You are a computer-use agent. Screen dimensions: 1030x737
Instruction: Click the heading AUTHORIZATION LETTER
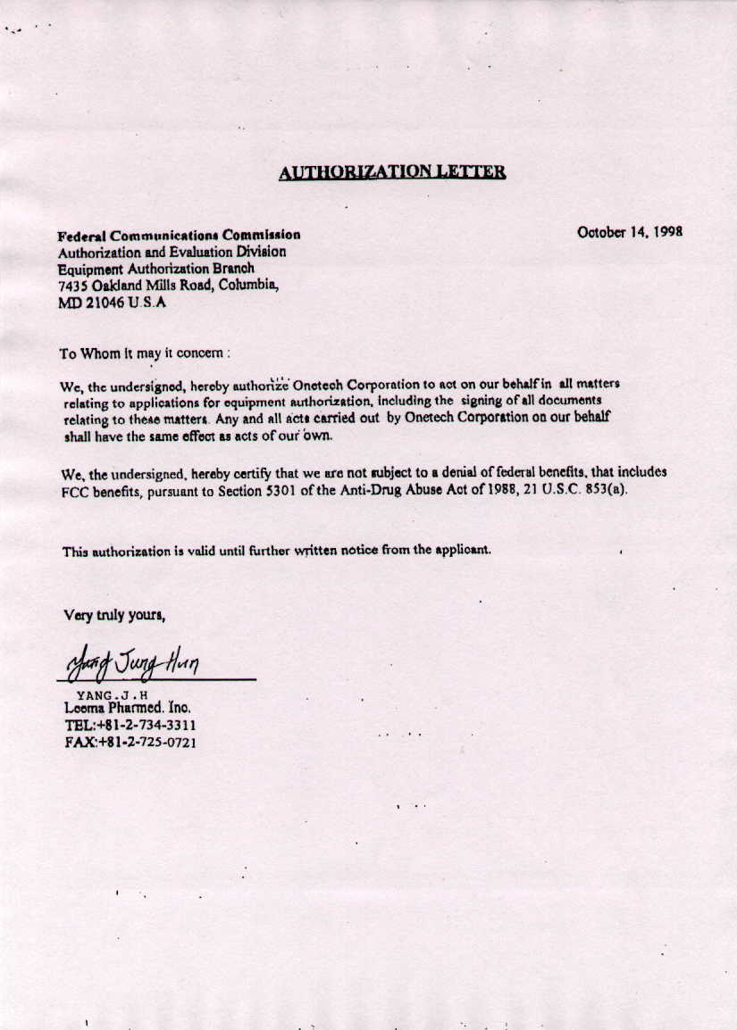click(x=392, y=172)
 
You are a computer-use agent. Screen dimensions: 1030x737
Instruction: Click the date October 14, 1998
click(x=630, y=232)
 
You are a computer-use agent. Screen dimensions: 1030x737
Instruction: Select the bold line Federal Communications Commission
click(x=179, y=236)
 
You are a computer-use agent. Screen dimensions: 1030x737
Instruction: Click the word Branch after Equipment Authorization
click(x=232, y=269)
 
